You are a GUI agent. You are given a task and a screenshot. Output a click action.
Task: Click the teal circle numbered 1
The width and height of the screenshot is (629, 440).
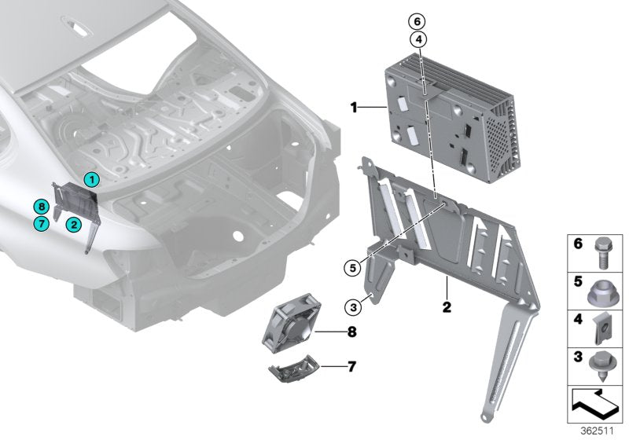point(91,180)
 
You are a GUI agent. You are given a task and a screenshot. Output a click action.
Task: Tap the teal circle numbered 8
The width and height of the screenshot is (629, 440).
point(42,207)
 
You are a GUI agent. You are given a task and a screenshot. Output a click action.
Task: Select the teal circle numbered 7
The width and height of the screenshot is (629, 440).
point(42,224)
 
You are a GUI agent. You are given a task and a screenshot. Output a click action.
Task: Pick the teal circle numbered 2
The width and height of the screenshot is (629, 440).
point(72,224)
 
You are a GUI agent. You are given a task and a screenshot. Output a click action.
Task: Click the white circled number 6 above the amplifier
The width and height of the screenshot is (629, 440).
point(417,21)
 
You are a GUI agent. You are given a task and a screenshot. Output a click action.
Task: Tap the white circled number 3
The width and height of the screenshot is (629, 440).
point(354,305)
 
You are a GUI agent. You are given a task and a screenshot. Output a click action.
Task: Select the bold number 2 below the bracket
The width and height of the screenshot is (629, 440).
point(445,307)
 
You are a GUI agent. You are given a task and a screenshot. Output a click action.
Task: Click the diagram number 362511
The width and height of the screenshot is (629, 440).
point(598,431)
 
